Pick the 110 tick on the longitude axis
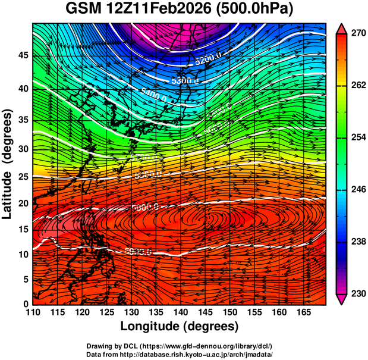tap(32, 312)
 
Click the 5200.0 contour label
tap(208, 57)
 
